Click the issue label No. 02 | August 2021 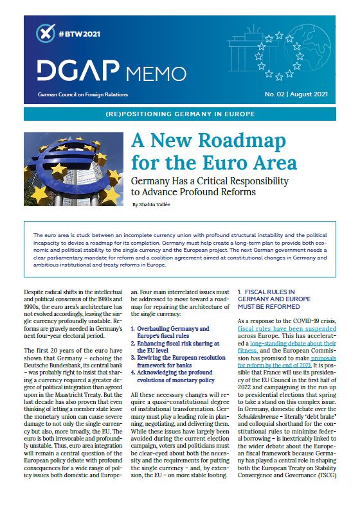point(297,94)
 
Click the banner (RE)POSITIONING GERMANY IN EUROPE point(179,114)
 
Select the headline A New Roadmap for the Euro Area point(214,150)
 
